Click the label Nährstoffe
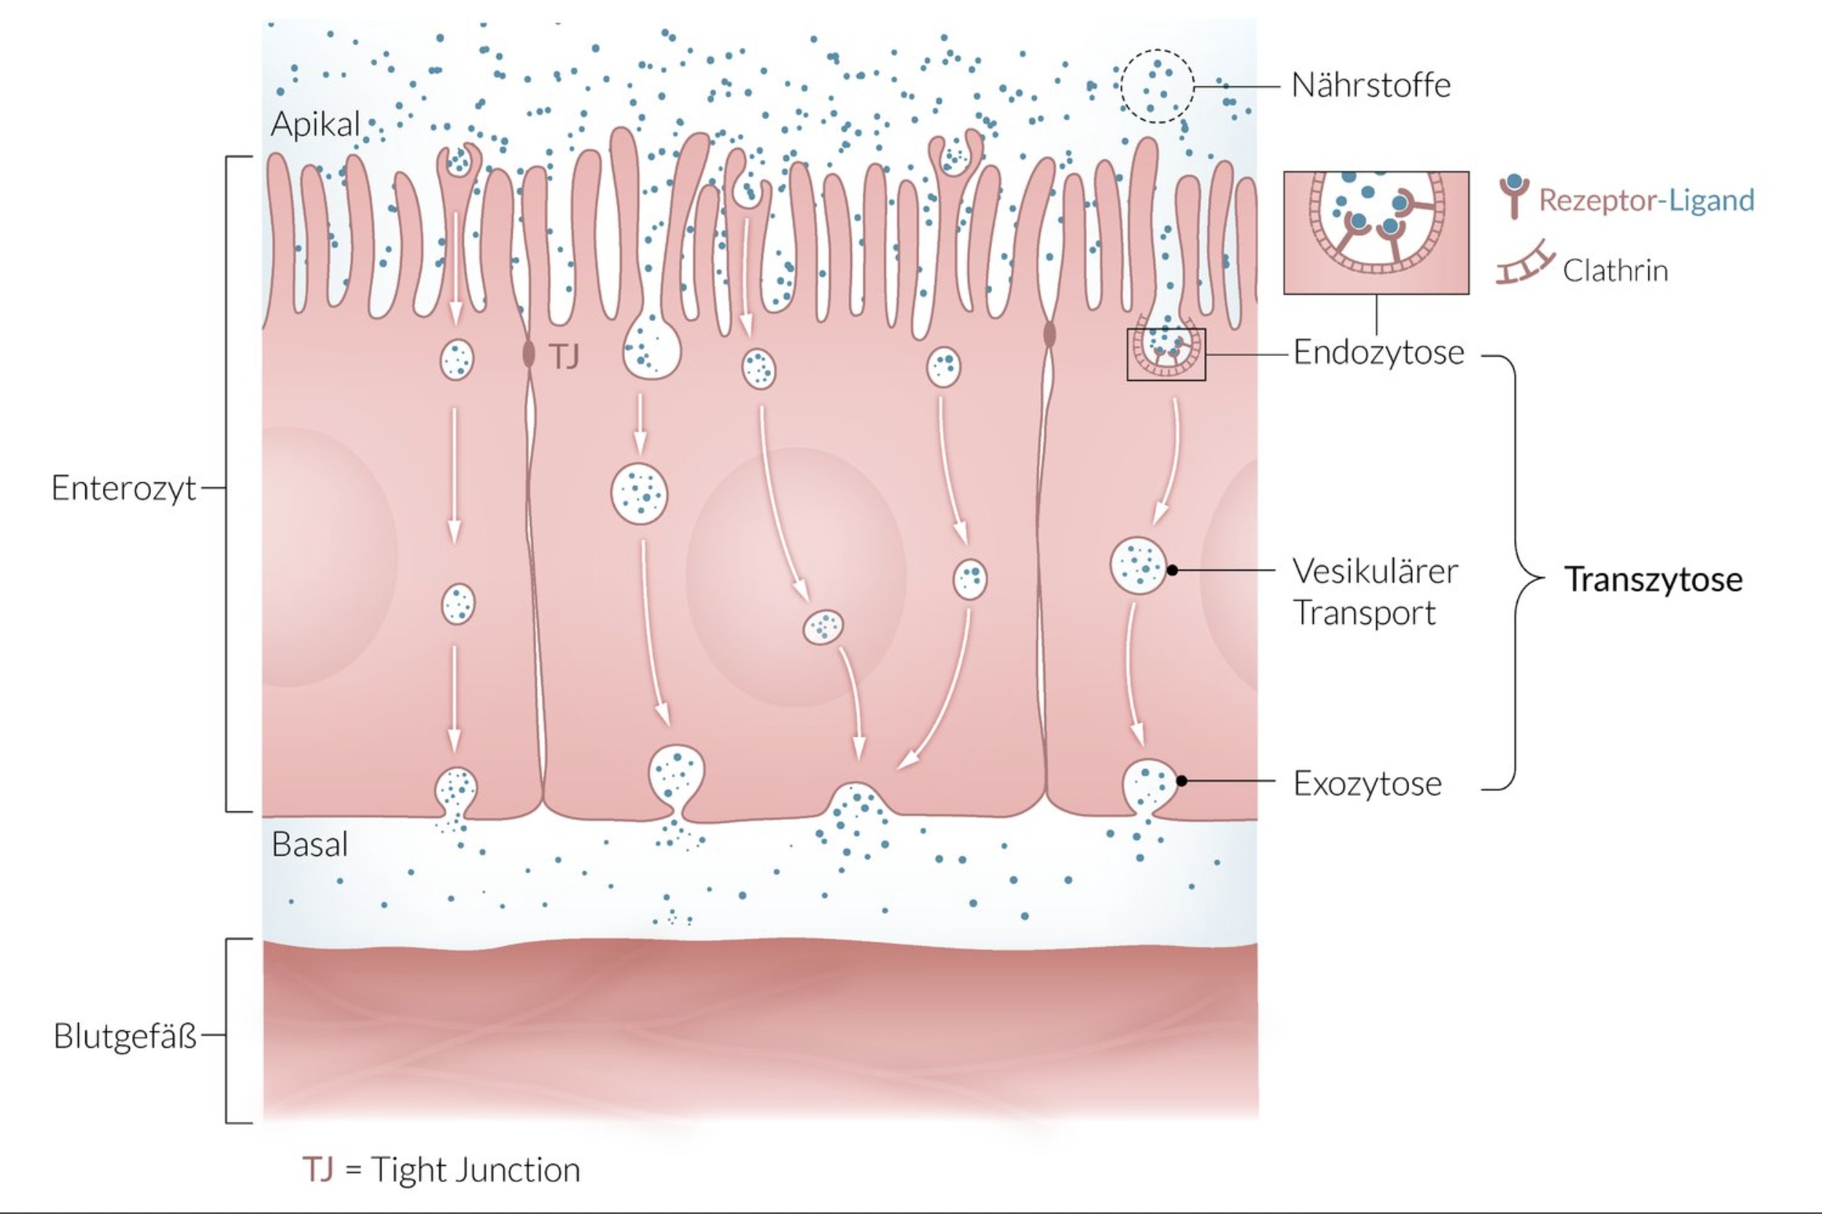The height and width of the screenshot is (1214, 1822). click(x=1371, y=85)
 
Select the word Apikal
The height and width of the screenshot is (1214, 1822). click(x=316, y=124)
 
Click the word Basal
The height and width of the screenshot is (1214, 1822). click(x=309, y=844)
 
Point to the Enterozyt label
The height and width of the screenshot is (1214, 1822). click(x=124, y=489)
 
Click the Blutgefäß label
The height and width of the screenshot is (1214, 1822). click(x=125, y=1036)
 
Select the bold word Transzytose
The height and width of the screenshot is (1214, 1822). click(x=1654, y=579)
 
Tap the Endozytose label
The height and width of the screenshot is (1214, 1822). click(x=1379, y=352)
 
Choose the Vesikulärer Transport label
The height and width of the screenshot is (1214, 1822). click(x=1375, y=592)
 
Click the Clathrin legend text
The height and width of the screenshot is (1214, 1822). click(x=1615, y=271)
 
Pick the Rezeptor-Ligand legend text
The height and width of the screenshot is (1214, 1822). click(x=1645, y=201)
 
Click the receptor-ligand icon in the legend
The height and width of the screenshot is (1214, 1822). click(x=1514, y=196)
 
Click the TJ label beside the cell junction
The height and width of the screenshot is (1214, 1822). click(x=564, y=357)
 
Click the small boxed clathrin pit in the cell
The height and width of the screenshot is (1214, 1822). click(x=1166, y=354)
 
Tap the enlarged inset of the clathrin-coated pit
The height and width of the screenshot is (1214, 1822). click(x=1376, y=232)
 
